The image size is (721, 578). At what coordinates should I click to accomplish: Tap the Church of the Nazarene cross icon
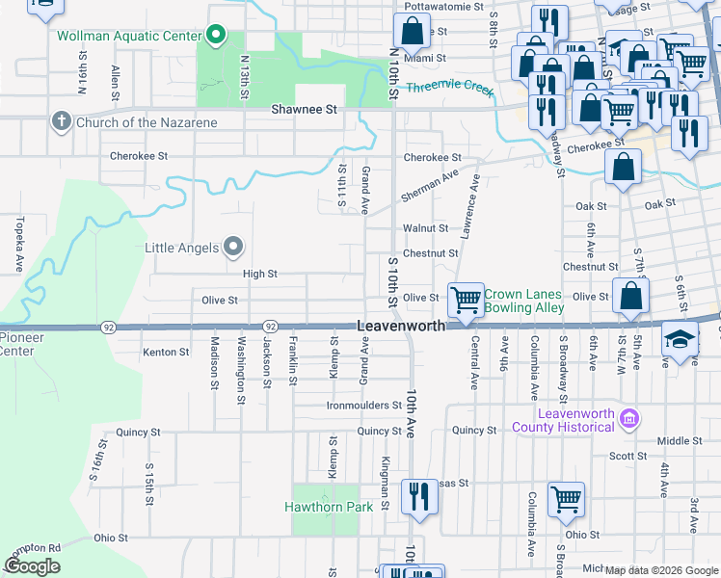click(x=61, y=120)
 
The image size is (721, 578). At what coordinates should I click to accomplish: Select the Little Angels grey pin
click(x=232, y=248)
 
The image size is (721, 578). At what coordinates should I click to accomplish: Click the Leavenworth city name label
click(x=401, y=327)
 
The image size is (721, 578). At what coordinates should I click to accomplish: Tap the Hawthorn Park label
click(x=321, y=507)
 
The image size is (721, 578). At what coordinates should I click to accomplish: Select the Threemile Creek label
click(x=449, y=88)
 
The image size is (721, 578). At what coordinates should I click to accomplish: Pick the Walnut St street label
click(x=426, y=228)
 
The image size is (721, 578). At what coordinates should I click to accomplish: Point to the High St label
click(x=260, y=275)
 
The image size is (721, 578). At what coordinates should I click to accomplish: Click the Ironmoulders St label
click(x=361, y=406)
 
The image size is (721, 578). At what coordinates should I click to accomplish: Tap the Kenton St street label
click(x=166, y=353)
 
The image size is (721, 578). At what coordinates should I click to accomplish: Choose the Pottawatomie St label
click(x=443, y=7)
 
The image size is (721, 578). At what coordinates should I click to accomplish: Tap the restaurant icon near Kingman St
click(x=417, y=495)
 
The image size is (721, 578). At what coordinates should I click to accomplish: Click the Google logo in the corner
click(x=32, y=566)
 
